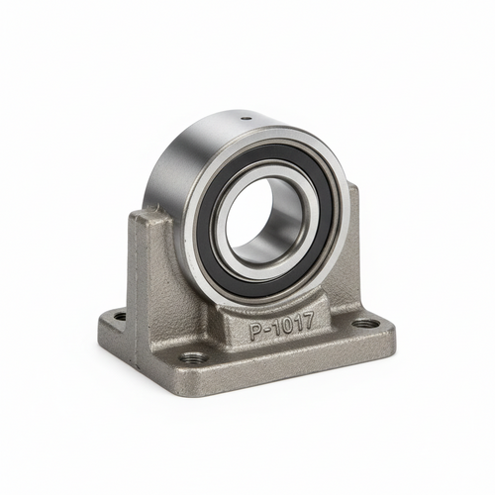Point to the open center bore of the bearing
[255, 211]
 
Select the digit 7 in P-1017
[306, 321]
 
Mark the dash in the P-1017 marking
[267, 331]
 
